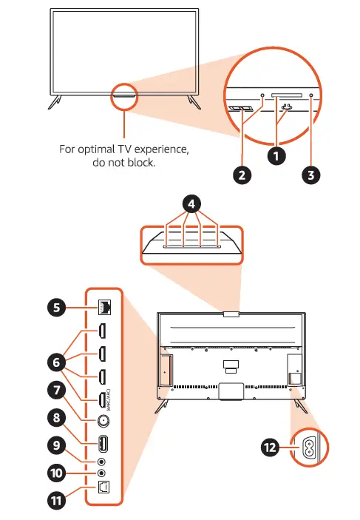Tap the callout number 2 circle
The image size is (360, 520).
240,175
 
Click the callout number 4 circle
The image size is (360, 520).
192,203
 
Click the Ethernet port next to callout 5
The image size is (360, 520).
103,303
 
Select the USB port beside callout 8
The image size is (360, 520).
103,445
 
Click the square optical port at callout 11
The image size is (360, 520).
103,489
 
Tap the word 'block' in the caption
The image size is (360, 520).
140,163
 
